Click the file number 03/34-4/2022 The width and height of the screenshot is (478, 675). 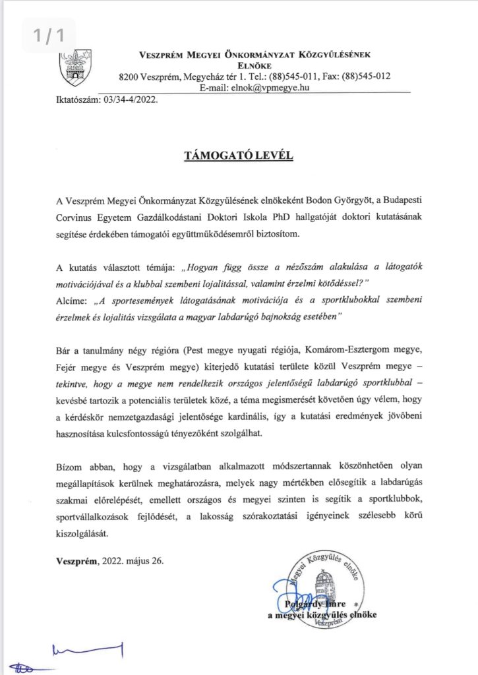click(128, 101)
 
